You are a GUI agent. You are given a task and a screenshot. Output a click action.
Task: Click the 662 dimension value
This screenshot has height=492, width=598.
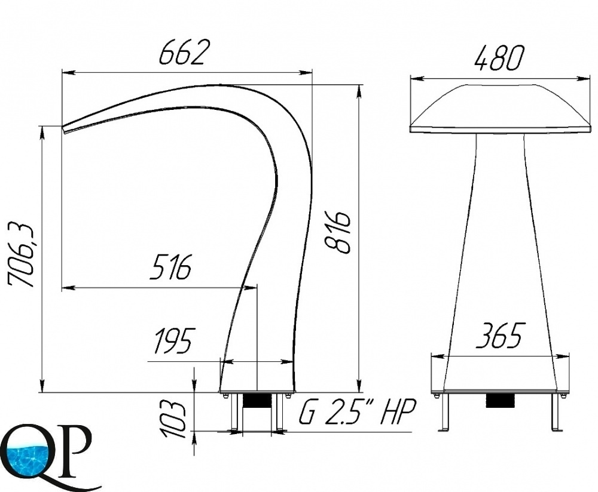coord(184,52)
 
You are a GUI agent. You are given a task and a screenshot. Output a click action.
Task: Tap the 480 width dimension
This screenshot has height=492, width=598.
coord(499,59)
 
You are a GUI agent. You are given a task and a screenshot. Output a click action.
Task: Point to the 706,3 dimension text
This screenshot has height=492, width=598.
coord(22,255)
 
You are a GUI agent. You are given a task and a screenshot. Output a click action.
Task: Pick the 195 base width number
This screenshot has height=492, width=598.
coord(173,340)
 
